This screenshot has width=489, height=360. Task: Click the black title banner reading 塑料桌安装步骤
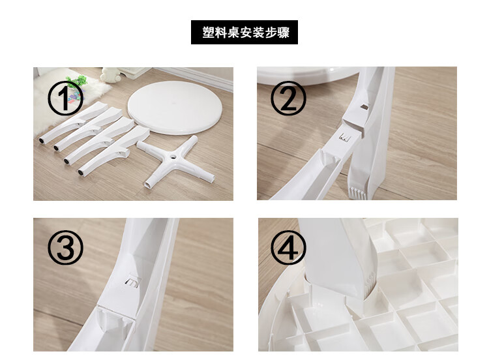point(244,32)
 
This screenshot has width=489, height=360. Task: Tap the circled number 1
point(65,98)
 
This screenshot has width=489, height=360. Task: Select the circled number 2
point(288,98)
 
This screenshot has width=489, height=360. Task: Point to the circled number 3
point(65,248)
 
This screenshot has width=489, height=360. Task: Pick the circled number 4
point(288,248)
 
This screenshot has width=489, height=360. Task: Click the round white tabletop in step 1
point(175,108)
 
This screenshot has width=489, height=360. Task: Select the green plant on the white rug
point(77,81)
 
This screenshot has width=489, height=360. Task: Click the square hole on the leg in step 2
point(364,107)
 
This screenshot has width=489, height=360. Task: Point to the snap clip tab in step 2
point(345,137)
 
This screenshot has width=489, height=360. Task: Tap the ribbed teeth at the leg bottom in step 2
point(357,193)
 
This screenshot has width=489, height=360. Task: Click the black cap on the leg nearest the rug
point(42,141)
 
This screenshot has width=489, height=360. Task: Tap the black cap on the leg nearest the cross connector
point(81,172)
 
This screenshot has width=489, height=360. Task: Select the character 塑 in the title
point(208,33)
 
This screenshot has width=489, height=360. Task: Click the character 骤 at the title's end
point(284,33)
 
